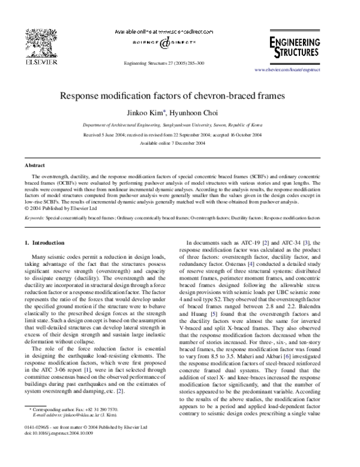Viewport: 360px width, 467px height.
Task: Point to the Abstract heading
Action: point(34,164)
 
